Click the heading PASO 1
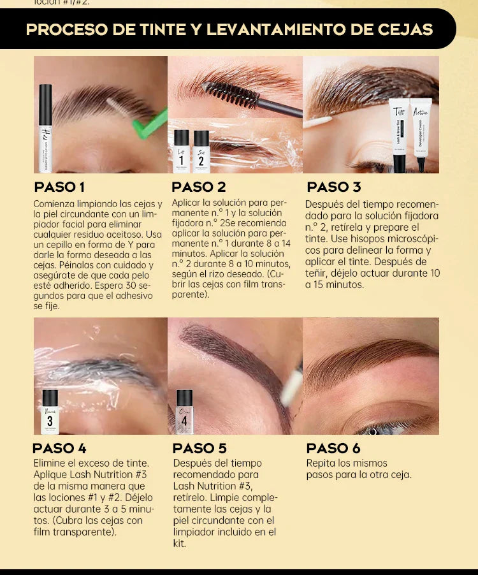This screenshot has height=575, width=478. tap(59, 187)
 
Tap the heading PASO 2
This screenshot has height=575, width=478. tap(199, 187)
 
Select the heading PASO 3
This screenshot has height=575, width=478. tap(334, 187)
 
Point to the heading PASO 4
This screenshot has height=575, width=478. tap(59, 448)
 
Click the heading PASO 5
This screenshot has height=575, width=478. tap(199, 448)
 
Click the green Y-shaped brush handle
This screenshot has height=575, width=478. tap(151, 124)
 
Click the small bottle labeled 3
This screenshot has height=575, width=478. tap(50, 412)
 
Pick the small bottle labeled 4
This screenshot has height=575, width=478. tap(184, 412)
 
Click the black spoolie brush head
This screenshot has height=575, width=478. tap(231, 94)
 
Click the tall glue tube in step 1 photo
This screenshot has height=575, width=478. tap(45, 121)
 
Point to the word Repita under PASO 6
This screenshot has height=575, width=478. tap(321, 463)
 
